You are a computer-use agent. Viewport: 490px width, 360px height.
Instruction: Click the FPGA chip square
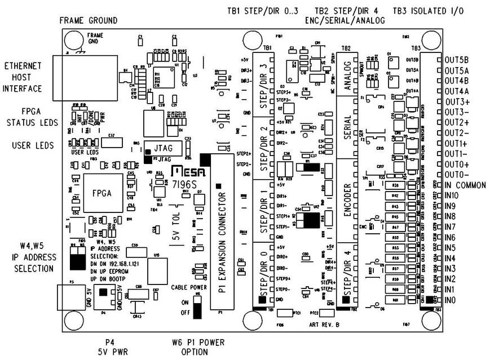click(x=103, y=192)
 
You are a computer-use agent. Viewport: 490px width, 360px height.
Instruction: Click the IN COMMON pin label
click(x=465, y=185)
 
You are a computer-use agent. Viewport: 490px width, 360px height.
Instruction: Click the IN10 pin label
click(x=452, y=195)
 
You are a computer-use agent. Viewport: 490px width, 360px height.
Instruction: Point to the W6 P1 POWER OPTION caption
click(x=190, y=347)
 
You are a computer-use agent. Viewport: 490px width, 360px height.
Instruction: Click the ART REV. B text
click(x=324, y=325)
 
